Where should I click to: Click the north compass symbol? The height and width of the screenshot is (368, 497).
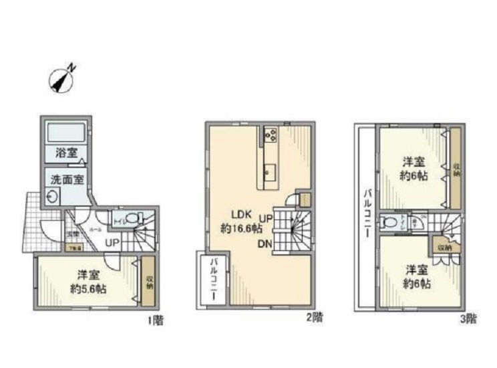tap(62, 80)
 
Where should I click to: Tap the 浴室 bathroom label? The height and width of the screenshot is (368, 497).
tap(64, 153)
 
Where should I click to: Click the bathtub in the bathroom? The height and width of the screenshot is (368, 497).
tap(64, 130)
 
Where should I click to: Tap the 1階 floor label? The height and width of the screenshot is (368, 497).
tap(155, 320)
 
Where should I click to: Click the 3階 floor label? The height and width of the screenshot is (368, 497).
tap(468, 318)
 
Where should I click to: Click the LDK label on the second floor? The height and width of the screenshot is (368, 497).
tap(240, 214)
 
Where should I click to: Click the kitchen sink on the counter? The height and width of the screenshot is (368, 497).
tap(269, 170)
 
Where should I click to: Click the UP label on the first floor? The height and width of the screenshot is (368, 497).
tap(112, 242)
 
